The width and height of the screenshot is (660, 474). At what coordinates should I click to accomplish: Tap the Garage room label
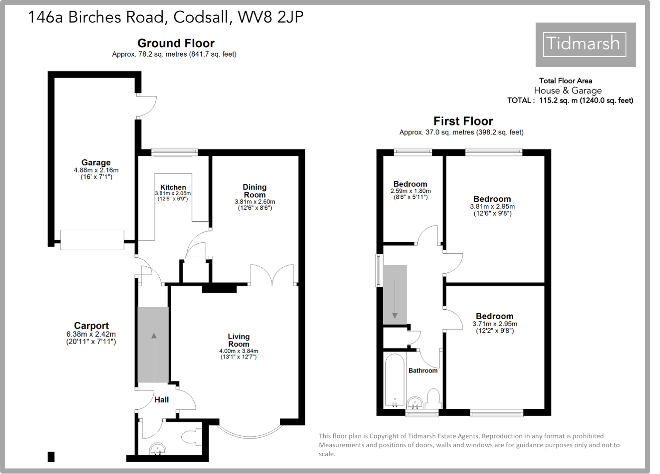click(96, 163)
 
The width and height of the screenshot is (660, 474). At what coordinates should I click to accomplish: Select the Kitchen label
click(173, 187)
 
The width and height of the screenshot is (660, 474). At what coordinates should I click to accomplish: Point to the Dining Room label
click(255, 191)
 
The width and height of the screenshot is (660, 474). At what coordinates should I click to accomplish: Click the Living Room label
click(238, 340)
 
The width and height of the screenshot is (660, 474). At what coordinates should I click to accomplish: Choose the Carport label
click(91, 326)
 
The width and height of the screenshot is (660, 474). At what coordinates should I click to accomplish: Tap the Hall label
click(161, 400)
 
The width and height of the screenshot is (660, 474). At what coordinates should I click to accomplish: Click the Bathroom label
click(423, 371)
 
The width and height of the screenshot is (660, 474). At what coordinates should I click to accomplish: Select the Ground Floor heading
click(176, 43)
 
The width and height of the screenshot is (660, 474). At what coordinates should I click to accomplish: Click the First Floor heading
click(463, 121)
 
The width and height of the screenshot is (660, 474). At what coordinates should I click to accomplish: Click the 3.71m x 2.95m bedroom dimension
click(494, 324)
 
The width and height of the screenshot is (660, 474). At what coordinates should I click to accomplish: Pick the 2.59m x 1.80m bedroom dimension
click(410, 191)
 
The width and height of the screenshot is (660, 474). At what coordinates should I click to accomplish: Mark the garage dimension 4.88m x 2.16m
click(96, 170)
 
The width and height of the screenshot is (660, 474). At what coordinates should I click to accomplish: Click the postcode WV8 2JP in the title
click(270, 17)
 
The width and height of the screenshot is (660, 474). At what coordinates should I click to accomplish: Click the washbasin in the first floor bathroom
click(415, 402)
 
